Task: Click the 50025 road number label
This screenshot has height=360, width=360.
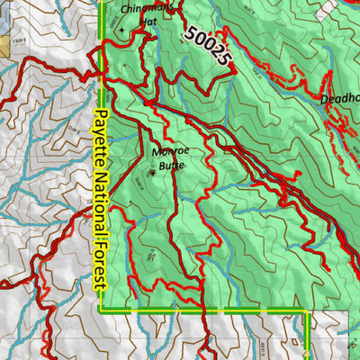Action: [x=209, y=48]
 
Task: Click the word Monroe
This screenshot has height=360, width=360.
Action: [x=171, y=152]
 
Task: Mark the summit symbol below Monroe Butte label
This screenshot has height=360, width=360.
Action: [x=152, y=172]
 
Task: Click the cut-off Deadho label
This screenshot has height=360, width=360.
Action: [x=339, y=100]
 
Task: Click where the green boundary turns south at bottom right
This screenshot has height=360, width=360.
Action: [x=308, y=313]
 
